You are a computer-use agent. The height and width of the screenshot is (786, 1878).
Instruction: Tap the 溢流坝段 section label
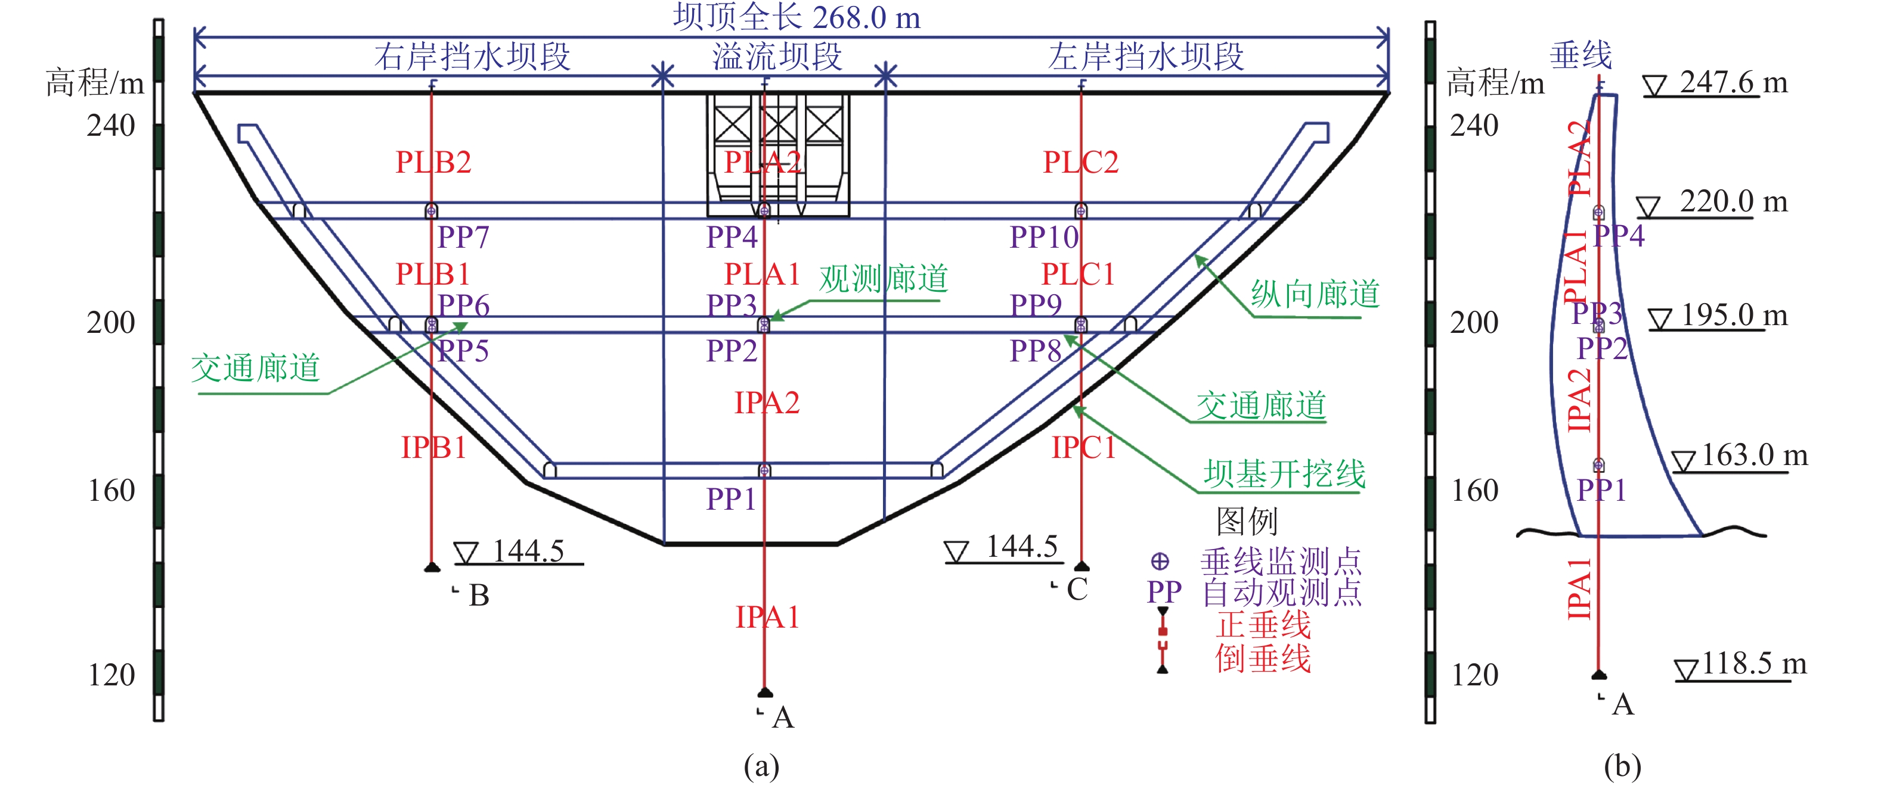click(777, 57)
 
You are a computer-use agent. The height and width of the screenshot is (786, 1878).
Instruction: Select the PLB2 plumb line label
click(433, 163)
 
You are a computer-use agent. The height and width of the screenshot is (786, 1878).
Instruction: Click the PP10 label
click(1043, 238)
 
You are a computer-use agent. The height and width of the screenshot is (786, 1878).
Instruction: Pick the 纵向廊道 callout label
click(1315, 294)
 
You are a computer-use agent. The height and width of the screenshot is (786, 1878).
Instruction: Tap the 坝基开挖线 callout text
click(1284, 474)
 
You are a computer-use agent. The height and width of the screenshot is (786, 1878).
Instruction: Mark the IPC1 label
click(1083, 447)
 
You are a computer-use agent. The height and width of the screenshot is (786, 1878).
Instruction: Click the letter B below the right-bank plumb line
click(479, 596)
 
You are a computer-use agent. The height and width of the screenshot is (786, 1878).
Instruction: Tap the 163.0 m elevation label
click(1754, 456)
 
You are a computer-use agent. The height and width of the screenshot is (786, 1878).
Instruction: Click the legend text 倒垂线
click(1263, 659)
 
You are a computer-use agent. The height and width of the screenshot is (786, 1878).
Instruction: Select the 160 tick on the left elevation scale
click(111, 491)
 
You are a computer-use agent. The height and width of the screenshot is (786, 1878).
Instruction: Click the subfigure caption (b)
click(1622, 766)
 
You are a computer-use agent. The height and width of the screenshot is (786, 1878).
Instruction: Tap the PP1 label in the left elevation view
click(730, 500)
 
